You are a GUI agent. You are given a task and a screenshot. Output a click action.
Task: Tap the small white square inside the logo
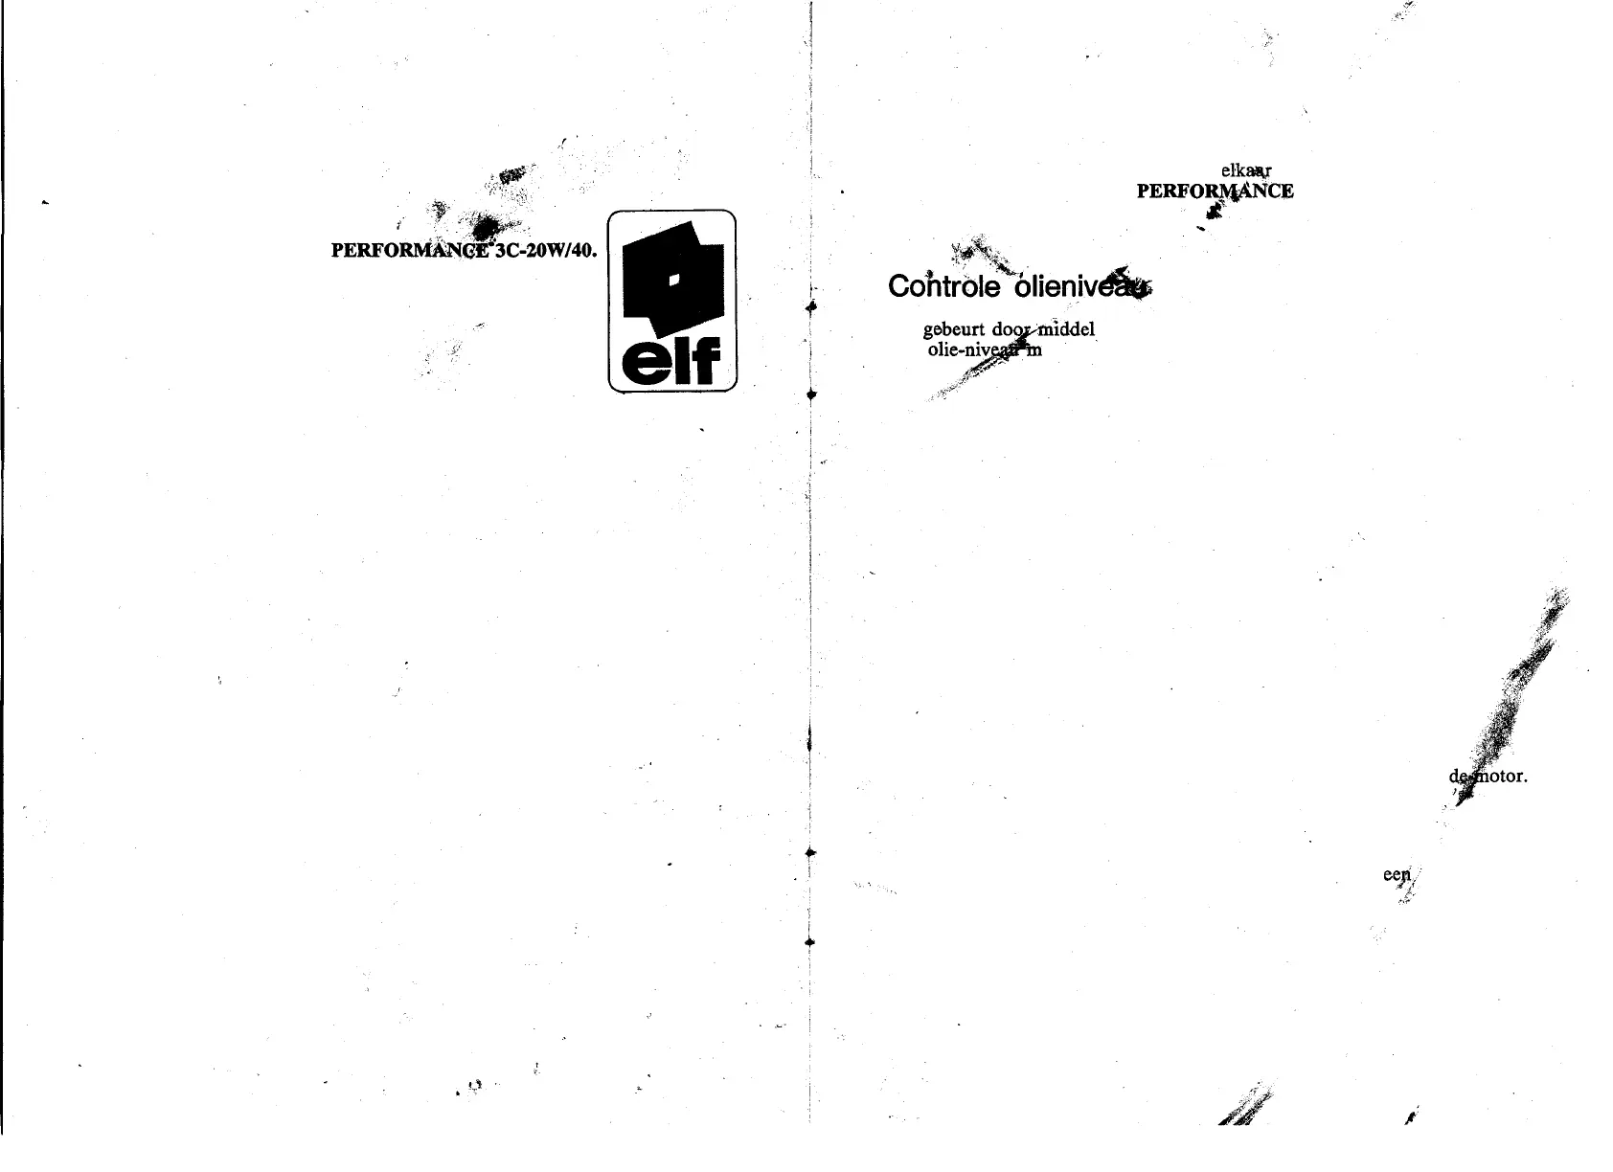click(x=673, y=279)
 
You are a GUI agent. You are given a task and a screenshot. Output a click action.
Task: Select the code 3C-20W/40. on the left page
click(x=546, y=251)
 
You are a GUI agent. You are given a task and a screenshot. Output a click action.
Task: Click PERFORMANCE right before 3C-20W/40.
click(x=410, y=251)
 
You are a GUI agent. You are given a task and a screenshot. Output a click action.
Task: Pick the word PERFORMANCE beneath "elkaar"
click(x=1215, y=191)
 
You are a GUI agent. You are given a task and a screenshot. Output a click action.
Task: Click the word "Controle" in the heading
click(x=944, y=286)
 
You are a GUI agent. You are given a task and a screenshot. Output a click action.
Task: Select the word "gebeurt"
click(x=953, y=330)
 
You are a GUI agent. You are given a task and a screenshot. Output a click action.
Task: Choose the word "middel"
click(x=1066, y=330)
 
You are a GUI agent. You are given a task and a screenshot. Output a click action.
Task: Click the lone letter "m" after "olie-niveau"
click(x=1034, y=350)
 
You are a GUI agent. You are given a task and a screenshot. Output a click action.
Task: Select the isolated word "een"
click(x=1397, y=874)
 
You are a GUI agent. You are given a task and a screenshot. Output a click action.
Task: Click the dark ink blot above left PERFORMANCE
click(x=486, y=227)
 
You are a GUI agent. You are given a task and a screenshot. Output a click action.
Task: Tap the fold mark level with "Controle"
click(x=810, y=307)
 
